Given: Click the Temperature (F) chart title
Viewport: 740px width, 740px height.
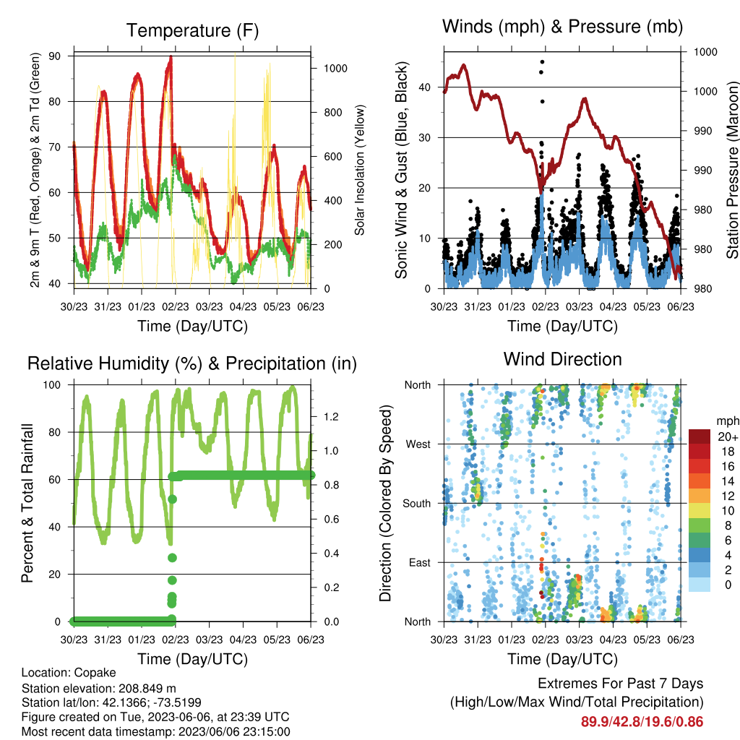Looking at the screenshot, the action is click(x=192, y=30).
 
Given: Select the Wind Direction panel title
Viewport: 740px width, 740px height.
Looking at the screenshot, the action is click(x=562, y=359).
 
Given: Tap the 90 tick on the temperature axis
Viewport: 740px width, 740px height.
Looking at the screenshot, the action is click(x=55, y=56).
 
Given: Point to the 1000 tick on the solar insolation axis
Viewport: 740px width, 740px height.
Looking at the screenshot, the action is click(x=335, y=69).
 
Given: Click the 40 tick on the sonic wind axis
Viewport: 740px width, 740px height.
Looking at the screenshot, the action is click(x=425, y=87).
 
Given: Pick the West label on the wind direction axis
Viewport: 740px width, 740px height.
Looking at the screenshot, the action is click(x=418, y=444).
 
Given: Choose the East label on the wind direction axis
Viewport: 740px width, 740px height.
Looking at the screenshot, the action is click(x=420, y=562).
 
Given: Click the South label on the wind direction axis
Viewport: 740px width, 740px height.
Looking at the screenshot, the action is click(x=417, y=504).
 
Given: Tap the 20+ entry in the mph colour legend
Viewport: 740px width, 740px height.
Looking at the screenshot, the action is click(x=727, y=436).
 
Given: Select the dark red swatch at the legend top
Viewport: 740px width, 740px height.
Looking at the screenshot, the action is click(x=700, y=436).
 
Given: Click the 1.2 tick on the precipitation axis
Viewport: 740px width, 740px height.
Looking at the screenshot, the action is click(x=331, y=417).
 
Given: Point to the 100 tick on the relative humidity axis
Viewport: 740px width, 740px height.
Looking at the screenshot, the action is click(x=52, y=385).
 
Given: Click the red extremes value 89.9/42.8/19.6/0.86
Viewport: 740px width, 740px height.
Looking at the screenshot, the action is click(x=642, y=722).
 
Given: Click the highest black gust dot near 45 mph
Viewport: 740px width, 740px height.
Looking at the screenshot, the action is click(x=542, y=62).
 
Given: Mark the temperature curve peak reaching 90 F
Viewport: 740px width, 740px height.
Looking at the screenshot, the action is click(x=171, y=57).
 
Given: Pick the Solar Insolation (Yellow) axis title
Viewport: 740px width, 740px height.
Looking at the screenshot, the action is click(x=360, y=170).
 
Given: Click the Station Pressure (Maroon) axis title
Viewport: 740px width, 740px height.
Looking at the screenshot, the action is click(x=732, y=170).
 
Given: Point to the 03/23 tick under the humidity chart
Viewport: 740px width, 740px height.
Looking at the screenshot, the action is click(x=209, y=640).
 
